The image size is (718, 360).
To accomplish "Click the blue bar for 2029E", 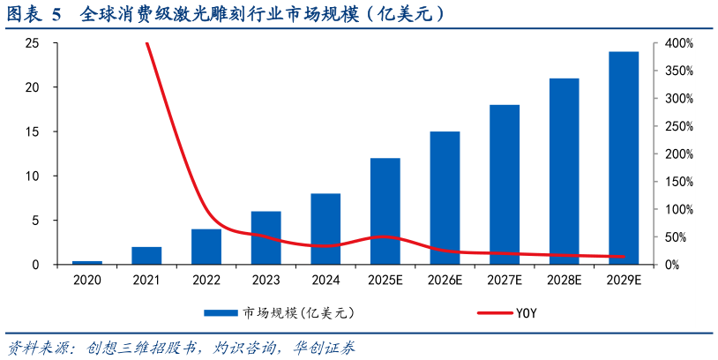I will (624, 159).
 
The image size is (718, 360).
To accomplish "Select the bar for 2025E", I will (385, 212).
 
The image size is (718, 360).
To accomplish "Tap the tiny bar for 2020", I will (87, 263).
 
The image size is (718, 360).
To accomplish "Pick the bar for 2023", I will (266, 238).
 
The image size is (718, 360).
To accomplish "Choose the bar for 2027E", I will (505, 185).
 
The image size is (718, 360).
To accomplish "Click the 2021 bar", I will (146, 256).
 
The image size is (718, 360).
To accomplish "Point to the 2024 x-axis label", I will (325, 280).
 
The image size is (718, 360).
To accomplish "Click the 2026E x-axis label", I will (445, 280).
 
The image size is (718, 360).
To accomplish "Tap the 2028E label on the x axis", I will (564, 280).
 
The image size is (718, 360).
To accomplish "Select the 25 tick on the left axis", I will (33, 43).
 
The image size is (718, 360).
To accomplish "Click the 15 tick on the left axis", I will (33, 132).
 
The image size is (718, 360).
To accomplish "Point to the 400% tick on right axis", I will (679, 43).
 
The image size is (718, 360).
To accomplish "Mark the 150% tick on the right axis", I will (679, 182).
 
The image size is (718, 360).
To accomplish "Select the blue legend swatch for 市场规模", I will (221, 313).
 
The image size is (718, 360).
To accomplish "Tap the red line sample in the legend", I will (494, 313).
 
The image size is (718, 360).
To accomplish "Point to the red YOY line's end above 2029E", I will (624, 257).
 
